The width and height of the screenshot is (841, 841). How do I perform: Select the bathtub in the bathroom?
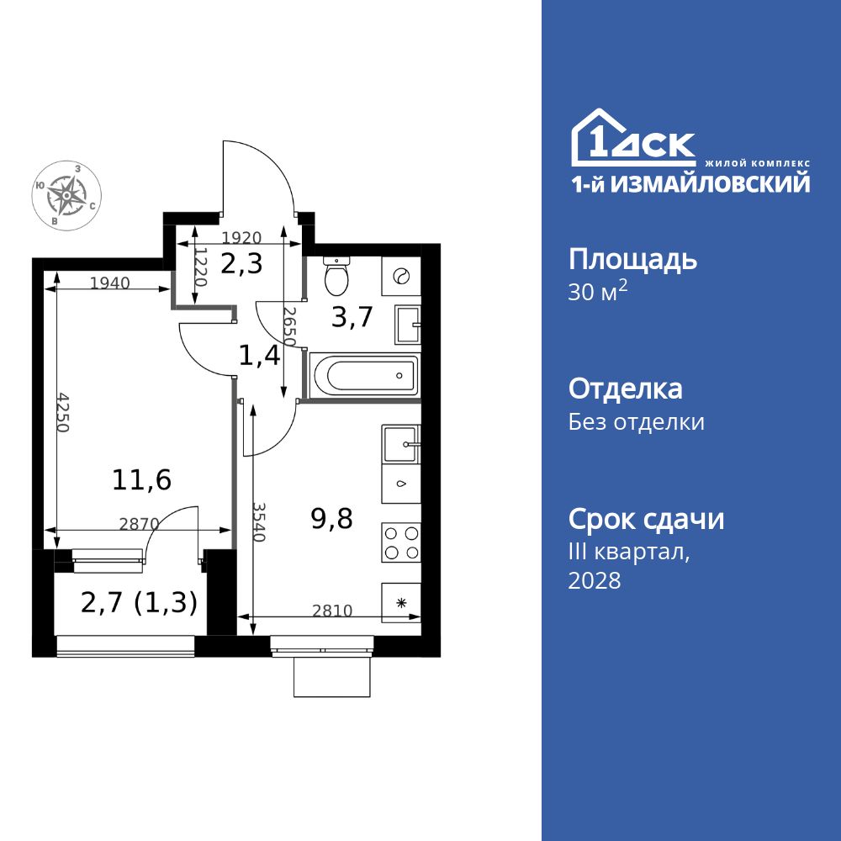tap(363, 374)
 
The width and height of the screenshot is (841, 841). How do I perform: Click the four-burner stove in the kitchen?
tap(401, 542)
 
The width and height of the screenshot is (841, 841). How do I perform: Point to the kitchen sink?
tap(401, 445)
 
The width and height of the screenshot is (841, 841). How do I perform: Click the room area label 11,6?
tap(141, 480)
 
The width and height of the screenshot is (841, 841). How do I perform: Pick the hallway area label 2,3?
tap(241, 264)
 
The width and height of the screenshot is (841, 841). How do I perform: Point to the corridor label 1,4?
tap(259, 356)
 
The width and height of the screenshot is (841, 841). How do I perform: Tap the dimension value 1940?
tap(109, 283)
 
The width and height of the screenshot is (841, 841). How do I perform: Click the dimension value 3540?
tap(259, 521)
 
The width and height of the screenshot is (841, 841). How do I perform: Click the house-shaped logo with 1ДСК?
tap(633, 139)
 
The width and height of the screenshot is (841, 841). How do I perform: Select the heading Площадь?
tap(632, 259)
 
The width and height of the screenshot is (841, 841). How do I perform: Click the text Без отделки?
tap(636, 421)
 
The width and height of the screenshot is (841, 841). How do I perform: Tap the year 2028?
tap(595, 580)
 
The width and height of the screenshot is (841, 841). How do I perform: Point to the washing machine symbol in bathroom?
tap(400, 275)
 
